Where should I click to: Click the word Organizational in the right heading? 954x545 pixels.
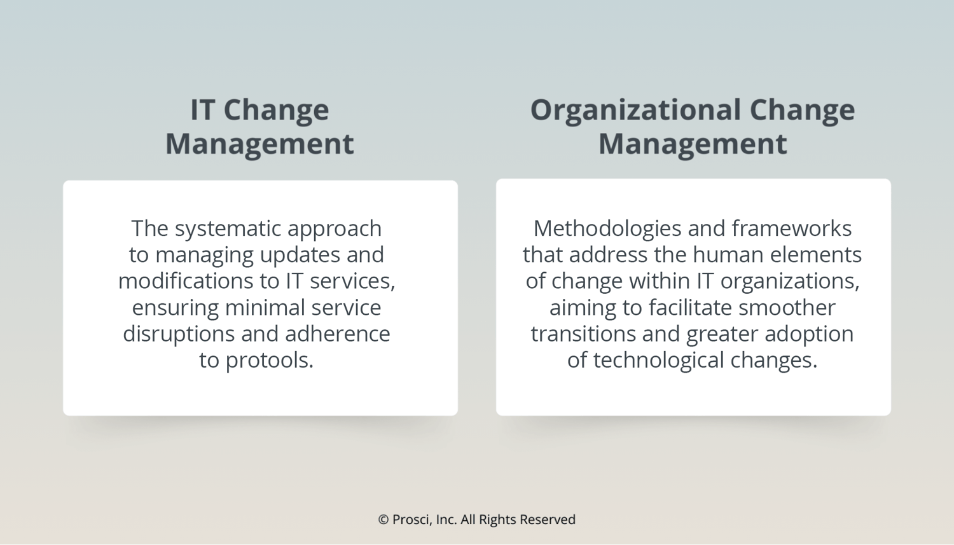click(635, 110)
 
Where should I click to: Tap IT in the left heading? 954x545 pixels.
click(202, 110)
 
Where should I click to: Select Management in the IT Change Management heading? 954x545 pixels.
click(259, 144)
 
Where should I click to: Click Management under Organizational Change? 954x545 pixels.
click(693, 144)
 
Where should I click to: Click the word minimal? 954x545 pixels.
click(265, 308)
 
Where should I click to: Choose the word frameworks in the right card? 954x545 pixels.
click(791, 228)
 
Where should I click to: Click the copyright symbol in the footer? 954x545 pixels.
click(384, 520)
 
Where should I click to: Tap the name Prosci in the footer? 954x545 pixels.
click(412, 520)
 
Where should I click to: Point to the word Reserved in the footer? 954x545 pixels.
click(548, 520)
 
